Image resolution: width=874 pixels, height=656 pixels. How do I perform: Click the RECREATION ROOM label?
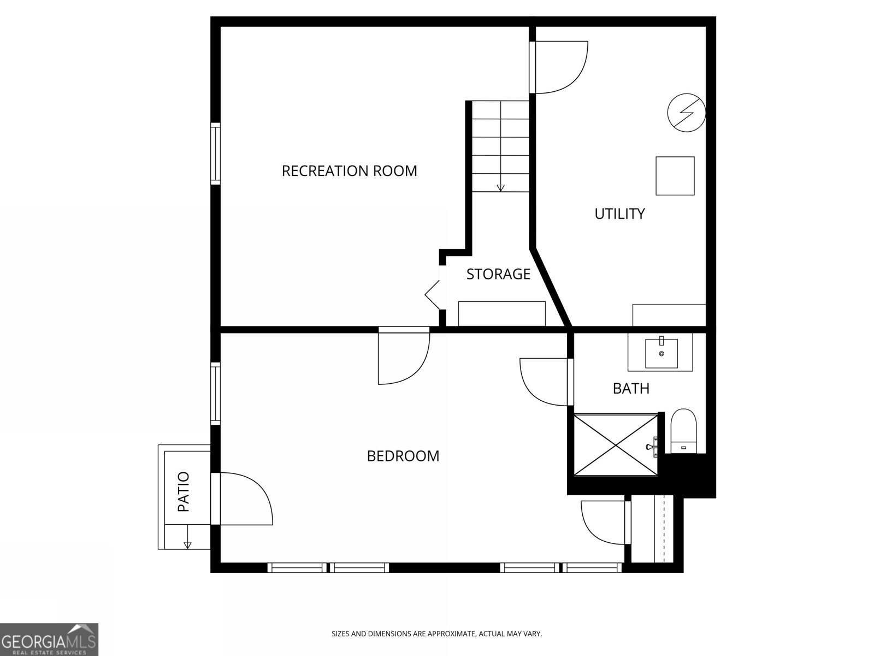click(349, 171)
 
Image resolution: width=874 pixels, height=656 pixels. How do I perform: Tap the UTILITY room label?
click(619, 214)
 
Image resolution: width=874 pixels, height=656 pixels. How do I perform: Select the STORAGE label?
click(498, 274)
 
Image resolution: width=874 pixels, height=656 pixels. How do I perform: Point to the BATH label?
click(631, 388)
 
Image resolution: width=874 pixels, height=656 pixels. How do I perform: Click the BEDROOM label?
click(403, 456)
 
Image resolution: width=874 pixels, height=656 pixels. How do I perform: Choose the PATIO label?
click(184, 491)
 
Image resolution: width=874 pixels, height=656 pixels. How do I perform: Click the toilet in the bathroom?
click(684, 431)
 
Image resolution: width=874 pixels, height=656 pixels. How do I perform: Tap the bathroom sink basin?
click(662, 353)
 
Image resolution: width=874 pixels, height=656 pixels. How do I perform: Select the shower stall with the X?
click(616, 445)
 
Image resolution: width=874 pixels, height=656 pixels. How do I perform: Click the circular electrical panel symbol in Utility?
click(687, 113)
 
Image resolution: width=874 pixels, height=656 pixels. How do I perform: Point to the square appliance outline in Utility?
click(675, 175)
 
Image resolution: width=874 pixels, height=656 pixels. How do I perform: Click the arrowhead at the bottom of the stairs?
click(501, 188)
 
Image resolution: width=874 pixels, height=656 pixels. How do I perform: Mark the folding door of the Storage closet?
click(433, 295)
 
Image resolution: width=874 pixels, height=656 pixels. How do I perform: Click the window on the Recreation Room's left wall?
click(215, 154)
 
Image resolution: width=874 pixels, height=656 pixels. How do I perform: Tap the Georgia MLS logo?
click(49, 640)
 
